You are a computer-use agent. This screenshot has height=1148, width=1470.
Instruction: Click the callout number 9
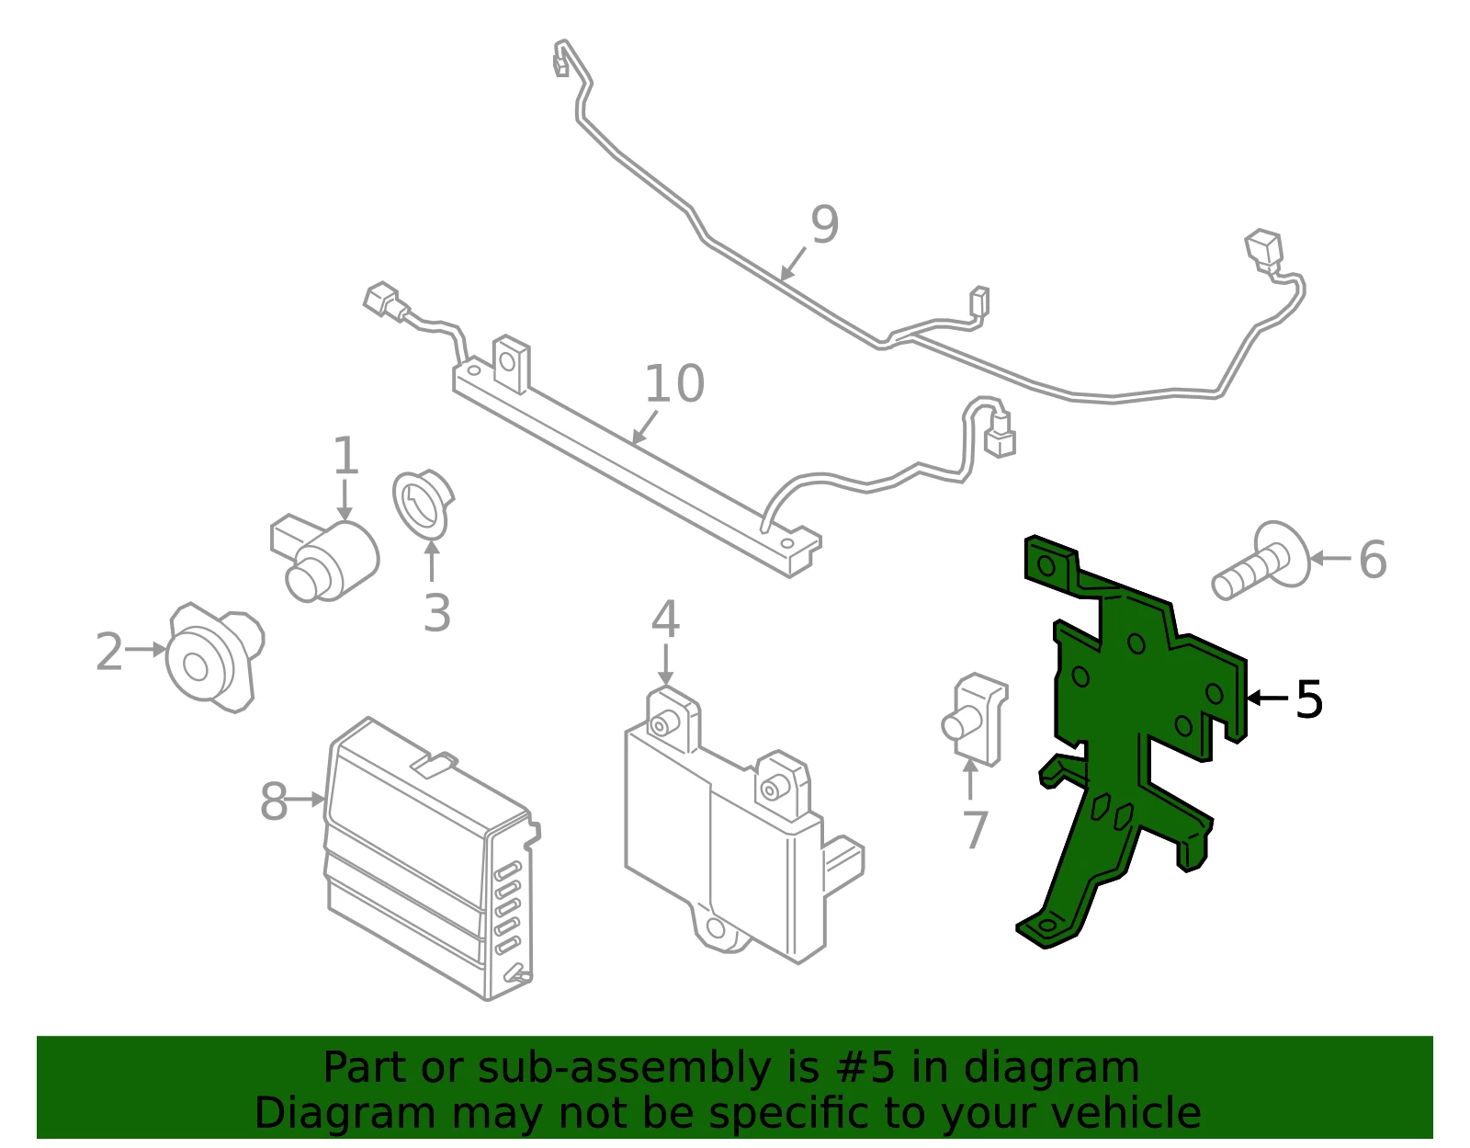point(825,224)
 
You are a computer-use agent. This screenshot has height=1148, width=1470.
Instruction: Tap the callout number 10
point(674,383)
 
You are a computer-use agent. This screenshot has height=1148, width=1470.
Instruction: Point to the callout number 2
point(109,652)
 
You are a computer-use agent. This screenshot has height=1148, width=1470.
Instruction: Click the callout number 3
point(436,613)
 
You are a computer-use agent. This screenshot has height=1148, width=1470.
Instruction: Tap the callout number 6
point(1373,560)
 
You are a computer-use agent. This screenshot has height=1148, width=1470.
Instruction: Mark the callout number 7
point(975,830)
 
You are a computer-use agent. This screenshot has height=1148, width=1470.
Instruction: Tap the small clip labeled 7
point(974,720)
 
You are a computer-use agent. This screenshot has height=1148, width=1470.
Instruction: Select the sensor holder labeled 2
point(215,657)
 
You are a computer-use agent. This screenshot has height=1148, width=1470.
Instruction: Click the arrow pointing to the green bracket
point(1267,698)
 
